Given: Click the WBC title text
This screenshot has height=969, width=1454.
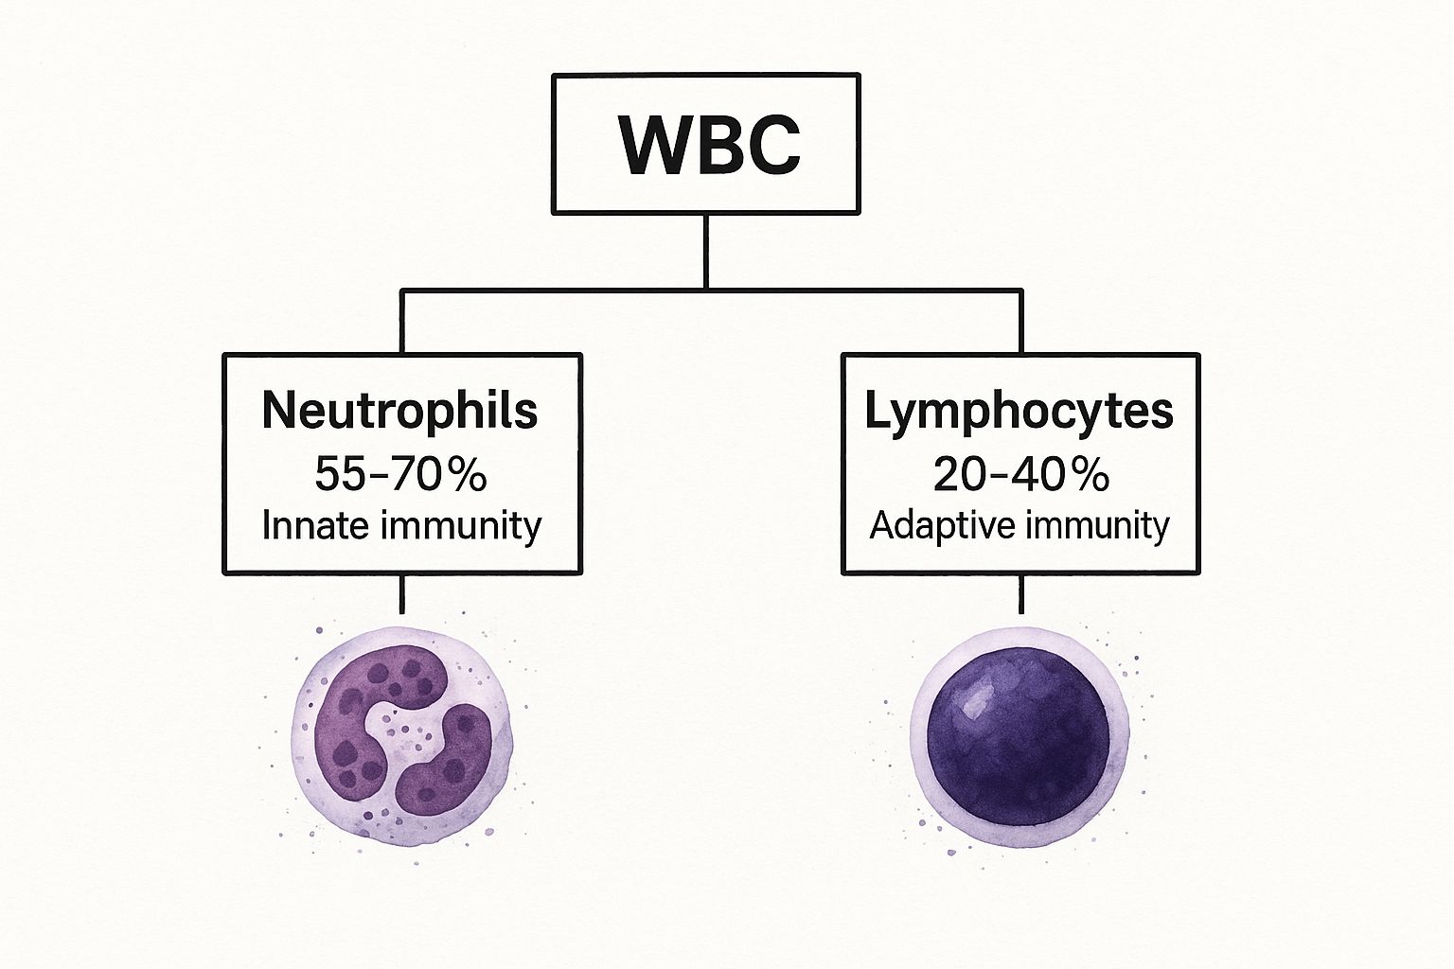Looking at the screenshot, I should click(x=708, y=145).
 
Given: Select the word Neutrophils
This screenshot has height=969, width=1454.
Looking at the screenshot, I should click(x=399, y=411).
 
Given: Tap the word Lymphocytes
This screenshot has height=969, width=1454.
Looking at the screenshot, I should click(x=1019, y=411).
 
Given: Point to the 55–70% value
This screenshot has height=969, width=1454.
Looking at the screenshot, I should click(x=399, y=473).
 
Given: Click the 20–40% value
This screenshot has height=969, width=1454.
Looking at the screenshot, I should click(x=1020, y=473).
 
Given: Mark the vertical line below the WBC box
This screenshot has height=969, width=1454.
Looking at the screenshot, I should click(x=706, y=250).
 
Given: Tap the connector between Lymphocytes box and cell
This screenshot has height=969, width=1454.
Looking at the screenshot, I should click(x=1021, y=594).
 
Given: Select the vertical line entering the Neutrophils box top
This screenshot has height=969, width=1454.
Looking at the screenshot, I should click(x=402, y=322).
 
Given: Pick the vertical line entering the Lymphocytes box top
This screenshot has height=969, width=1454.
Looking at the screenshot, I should click(x=1021, y=322).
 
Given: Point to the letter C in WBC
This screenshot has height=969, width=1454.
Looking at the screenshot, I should click(x=769, y=145).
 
